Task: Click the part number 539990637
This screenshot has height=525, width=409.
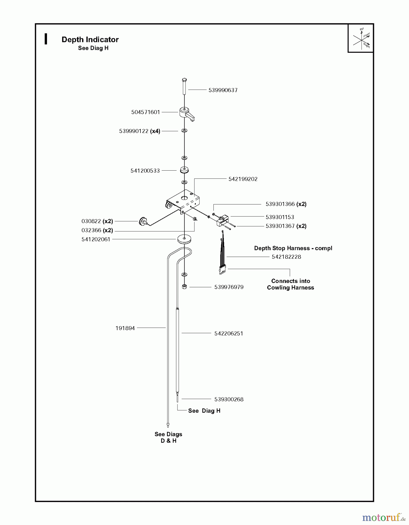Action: coord(223,90)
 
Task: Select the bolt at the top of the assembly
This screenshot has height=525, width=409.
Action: coord(184,86)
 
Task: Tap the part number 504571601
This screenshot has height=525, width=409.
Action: coord(145,112)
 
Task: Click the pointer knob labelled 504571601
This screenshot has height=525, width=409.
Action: coord(186,113)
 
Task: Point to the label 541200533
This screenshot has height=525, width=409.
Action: coord(145,171)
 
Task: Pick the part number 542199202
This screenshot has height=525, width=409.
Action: coord(243,179)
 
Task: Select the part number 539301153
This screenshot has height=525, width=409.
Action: coord(280,217)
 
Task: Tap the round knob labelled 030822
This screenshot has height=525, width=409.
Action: coord(142,221)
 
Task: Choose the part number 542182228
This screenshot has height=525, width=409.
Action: coord(286,257)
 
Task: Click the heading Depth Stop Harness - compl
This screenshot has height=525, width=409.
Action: coord(293,248)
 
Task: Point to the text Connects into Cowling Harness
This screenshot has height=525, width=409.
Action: coord(290,284)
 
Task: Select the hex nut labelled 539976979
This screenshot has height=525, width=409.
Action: coord(184,287)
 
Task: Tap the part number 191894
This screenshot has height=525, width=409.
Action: coord(125,328)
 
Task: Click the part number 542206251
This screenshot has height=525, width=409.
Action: coord(229,334)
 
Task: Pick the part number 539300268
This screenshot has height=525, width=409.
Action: coord(229,400)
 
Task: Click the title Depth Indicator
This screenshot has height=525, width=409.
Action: coord(90,40)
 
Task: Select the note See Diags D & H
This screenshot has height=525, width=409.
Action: coord(168,437)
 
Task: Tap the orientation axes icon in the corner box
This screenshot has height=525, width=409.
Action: coord(361,38)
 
